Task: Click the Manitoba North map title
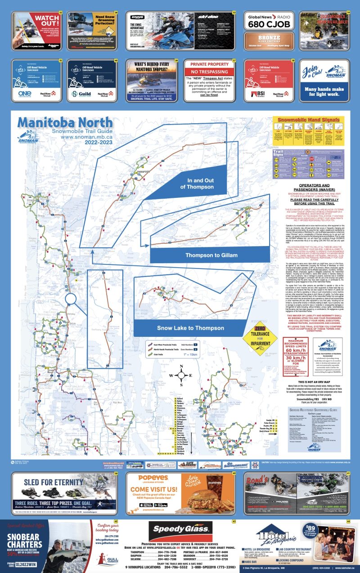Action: coord(65,122)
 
